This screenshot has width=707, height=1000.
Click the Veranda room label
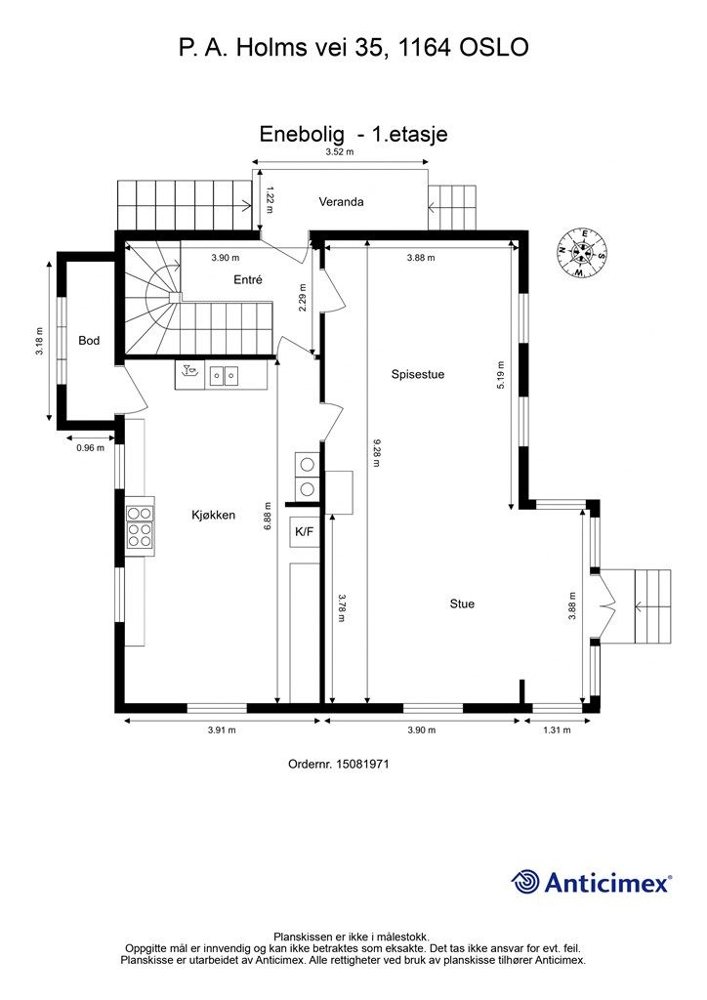(341, 201)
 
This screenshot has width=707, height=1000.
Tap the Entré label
(247, 279)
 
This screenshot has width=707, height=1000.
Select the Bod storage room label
(89, 341)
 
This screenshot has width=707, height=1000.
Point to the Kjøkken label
(214, 515)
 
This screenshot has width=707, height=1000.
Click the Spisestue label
(418, 374)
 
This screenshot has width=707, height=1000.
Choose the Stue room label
(462, 604)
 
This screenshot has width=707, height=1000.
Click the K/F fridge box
(305, 531)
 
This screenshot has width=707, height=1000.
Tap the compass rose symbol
(581, 252)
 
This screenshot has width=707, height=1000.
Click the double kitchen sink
(223, 376)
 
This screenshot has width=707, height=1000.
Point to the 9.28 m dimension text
(377, 451)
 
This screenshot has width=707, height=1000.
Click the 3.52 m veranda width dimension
(339, 151)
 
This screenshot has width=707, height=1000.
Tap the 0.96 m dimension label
(90, 447)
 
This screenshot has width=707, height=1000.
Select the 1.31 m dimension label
(557, 729)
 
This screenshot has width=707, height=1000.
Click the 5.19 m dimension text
(500, 376)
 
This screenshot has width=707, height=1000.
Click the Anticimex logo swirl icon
(525, 882)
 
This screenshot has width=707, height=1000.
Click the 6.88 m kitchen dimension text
(268, 516)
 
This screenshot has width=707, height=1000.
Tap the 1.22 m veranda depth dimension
(270, 199)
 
